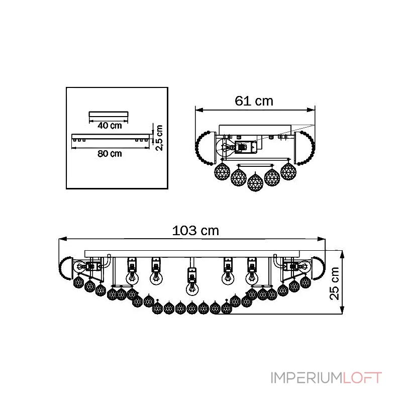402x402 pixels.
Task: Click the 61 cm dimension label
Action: (x=254, y=101)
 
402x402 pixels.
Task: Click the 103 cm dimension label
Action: (x=195, y=231)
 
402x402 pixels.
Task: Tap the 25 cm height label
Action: (x=334, y=283)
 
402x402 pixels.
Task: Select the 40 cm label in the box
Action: (x=110, y=126)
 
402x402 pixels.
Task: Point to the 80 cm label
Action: (x=110, y=154)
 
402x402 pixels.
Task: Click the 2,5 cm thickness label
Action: (x=159, y=138)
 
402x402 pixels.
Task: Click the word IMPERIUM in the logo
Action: (x=307, y=378)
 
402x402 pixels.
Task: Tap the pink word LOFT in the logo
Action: (x=362, y=378)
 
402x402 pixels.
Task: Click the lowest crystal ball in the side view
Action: (x=255, y=182)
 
